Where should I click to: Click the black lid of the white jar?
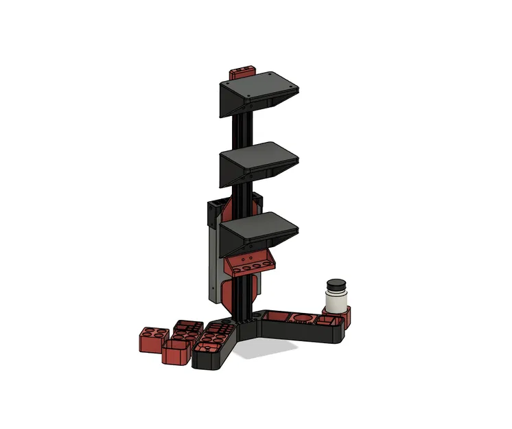click(x=336, y=286)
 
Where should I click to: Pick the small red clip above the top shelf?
click(x=242, y=70)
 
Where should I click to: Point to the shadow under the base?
click(x=275, y=350)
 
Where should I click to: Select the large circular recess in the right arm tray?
click(x=301, y=318)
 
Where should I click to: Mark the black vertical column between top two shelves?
click(x=244, y=130)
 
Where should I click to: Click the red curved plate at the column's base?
click(x=247, y=292)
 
